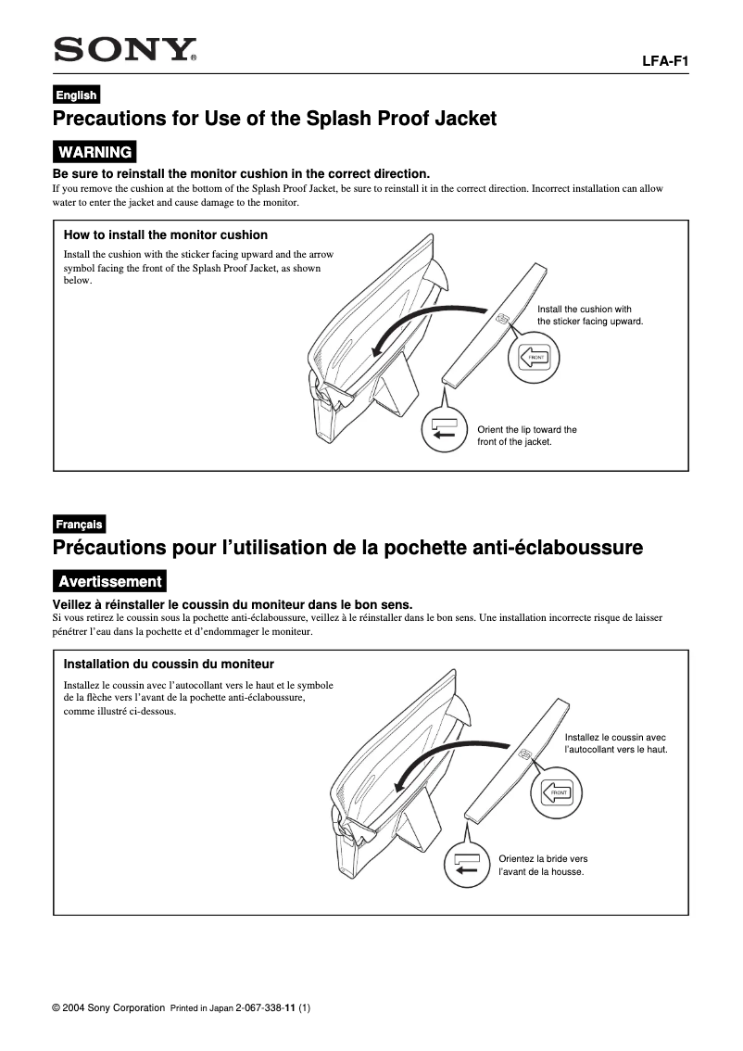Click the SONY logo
point(125,49)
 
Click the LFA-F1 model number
point(664,61)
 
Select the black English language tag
point(75,95)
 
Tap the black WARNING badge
point(94,151)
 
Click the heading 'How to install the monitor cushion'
point(165,234)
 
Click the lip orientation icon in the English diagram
point(444,429)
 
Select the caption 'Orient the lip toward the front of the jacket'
point(526,436)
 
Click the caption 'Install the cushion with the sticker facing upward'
point(590,315)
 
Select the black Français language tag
point(79,524)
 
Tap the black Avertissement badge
point(109,581)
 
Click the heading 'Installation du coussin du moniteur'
point(169,664)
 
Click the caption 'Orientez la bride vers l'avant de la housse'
point(543,865)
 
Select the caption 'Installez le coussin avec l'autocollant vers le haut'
point(616,742)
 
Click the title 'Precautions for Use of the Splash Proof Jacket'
point(275,119)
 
